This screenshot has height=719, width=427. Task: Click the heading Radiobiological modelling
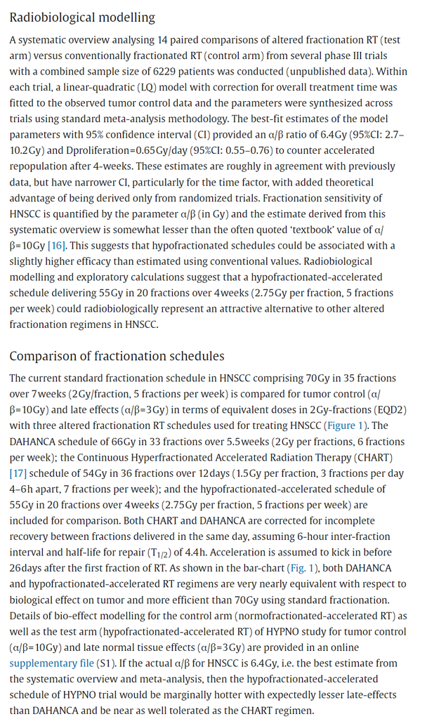click(82, 17)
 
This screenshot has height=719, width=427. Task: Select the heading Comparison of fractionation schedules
click(117, 356)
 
